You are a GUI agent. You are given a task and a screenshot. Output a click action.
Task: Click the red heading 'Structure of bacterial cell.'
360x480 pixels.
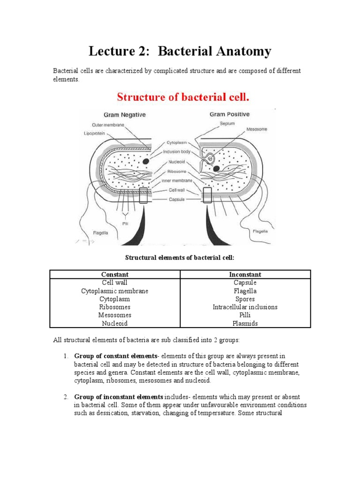(x=183, y=97)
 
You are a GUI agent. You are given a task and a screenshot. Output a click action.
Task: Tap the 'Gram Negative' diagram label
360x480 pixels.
(x=124, y=115)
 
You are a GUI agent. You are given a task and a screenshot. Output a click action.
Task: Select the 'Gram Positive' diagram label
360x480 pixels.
(x=230, y=114)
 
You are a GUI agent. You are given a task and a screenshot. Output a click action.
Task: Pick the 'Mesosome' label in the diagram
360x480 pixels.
(x=256, y=129)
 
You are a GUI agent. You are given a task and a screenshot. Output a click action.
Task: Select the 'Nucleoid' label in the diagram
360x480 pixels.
(x=176, y=162)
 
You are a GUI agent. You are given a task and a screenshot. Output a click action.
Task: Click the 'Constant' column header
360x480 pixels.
(x=115, y=274)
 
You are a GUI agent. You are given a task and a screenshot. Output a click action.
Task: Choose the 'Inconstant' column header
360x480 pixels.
(x=245, y=274)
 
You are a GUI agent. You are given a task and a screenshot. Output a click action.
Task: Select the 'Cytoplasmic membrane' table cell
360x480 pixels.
(x=115, y=291)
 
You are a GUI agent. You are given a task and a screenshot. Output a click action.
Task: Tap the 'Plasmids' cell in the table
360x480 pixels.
(x=245, y=323)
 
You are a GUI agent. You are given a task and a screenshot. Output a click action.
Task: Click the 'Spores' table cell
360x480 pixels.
(x=245, y=299)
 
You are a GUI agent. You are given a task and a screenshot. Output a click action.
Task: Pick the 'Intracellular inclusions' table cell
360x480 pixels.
(x=245, y=307)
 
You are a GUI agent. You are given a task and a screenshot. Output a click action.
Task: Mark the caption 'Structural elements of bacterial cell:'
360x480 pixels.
(x=180, y=257)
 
